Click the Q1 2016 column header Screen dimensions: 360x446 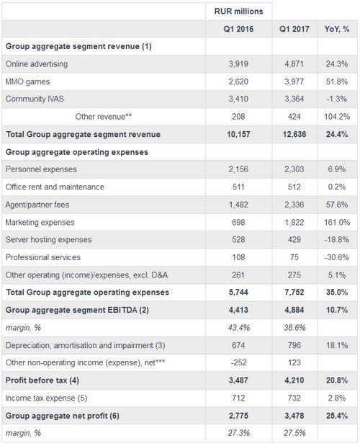238,29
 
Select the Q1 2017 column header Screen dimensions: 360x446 294,29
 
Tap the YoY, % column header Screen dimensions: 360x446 337,29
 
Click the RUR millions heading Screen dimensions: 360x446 238,12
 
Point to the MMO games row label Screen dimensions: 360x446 27,82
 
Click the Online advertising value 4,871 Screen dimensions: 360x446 294,64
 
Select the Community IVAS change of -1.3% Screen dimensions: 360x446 337,99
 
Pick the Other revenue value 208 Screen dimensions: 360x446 238,117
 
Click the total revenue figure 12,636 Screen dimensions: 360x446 294,134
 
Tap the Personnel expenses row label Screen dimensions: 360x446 41,169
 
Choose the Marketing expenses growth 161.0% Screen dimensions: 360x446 337,223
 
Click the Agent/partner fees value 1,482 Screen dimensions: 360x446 238,205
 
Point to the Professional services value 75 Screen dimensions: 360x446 294,257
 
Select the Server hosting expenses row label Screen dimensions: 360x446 48,240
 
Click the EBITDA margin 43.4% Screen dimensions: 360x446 238,328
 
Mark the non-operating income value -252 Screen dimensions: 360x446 238,362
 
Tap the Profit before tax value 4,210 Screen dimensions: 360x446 294,380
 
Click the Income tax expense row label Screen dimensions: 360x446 46,398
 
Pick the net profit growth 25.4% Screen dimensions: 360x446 337,416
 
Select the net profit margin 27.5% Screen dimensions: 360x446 294,433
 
